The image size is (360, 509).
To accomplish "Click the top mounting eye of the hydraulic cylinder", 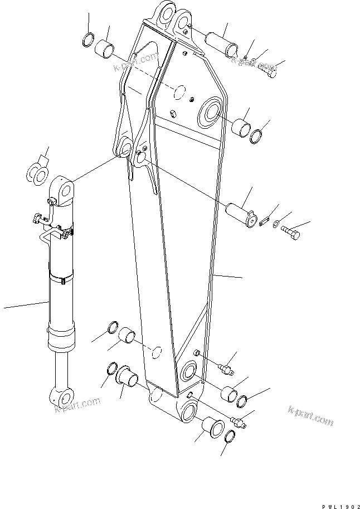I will (x=64, y=191).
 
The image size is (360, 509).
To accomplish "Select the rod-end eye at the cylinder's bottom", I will (x=61, y=397).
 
